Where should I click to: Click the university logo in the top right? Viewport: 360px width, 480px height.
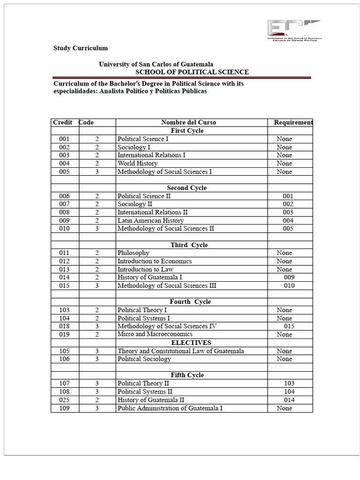pos(293,31)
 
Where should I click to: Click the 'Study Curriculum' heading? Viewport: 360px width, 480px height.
pos(80,48)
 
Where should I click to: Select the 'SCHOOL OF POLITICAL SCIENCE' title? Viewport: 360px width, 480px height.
pos(192,72)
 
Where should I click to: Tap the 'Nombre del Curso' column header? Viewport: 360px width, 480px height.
pos(188,122)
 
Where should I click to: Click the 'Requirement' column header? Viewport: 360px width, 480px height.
pos(293,122)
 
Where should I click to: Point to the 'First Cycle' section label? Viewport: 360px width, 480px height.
pos(187,131)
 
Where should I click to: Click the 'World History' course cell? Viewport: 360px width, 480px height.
pos(137,164)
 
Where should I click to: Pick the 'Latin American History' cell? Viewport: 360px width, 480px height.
pos(150,220)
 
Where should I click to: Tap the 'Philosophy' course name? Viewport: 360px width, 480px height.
pos(133,253)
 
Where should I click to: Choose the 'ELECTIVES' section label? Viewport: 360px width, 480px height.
pos(191,343)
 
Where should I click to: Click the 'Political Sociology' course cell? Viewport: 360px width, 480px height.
pos(144,359)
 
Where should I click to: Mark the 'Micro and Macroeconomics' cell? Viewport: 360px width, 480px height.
pos(155,334)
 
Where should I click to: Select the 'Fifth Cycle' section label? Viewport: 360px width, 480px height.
pos(187,375)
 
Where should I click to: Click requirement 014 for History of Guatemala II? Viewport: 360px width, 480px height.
pos(289,400)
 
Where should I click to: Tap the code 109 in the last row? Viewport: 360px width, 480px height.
pos(64,408)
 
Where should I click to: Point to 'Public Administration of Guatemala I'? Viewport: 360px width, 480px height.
pos(170,408)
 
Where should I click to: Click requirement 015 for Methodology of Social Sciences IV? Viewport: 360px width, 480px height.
pos(289,326)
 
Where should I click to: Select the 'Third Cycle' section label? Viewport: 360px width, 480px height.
pos(189,245)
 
